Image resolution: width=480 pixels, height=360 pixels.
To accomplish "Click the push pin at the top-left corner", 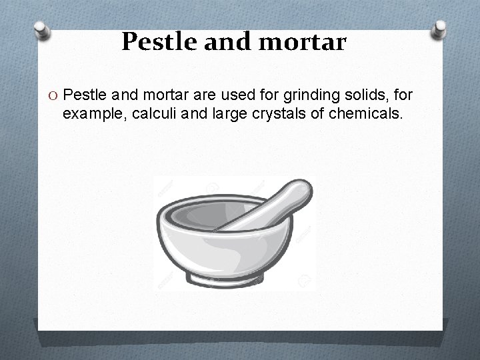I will tap(42, 30).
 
